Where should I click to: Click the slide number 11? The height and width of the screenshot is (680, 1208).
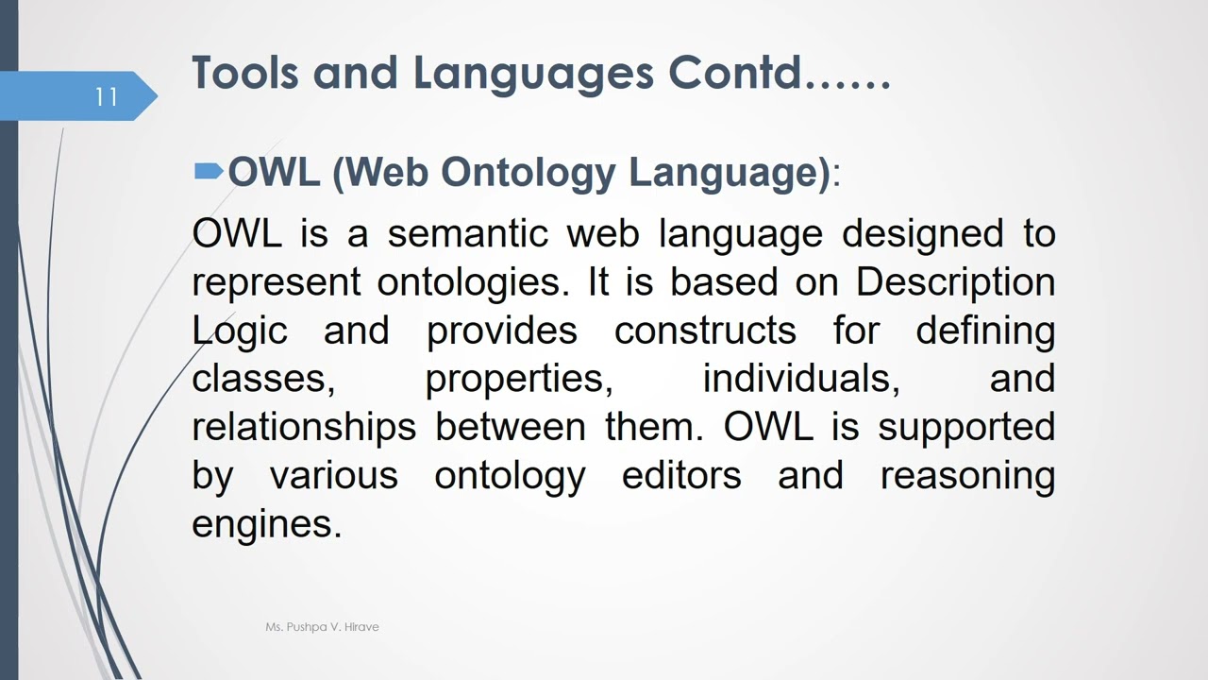106,96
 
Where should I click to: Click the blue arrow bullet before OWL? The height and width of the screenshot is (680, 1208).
209,171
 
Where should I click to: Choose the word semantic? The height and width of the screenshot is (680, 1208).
467,233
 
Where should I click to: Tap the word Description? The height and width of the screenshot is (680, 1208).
955,282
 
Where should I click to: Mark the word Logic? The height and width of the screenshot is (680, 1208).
240,331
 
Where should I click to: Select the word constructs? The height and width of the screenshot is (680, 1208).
705,331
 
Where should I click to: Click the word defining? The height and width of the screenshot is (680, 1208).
985,331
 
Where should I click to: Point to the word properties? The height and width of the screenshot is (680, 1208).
518,379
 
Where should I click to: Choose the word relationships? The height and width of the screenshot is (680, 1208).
304,427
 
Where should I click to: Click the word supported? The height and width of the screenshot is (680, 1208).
966,427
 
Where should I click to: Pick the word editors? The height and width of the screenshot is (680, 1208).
681,475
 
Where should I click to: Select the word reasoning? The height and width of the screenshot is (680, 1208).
967,475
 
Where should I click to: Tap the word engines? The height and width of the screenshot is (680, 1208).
266,523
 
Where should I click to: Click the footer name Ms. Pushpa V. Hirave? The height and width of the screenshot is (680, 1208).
322,627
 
